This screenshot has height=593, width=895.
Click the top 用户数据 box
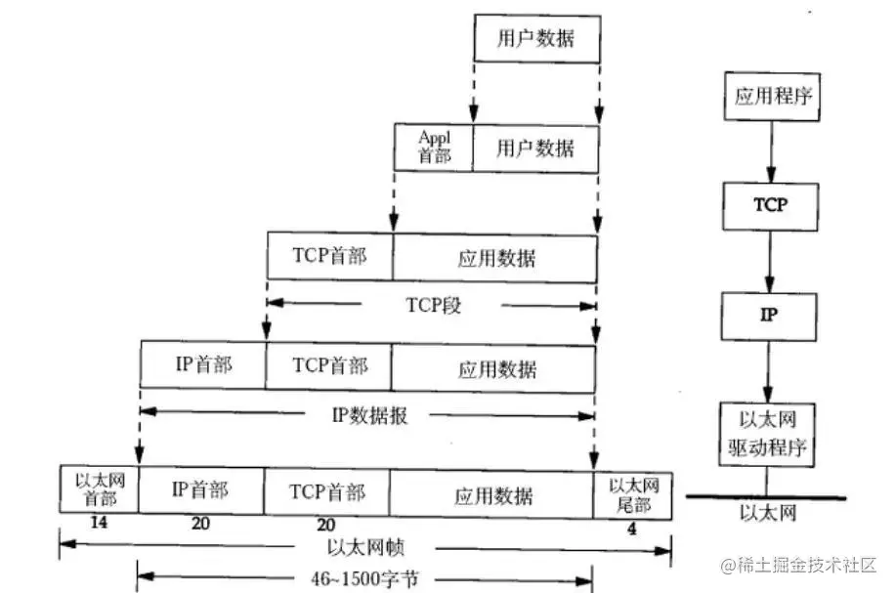tap(535, 40)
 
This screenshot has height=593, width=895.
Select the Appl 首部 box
tap(434, 147)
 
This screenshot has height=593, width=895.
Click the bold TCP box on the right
tap(769, 205)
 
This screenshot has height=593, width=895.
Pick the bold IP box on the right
tap(769, 316)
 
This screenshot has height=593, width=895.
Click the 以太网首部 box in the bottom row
tap(99, 491)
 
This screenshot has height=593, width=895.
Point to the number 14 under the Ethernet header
tap(98, 524)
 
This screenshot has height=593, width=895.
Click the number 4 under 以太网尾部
tap(632, 529)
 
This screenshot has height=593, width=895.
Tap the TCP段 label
tap(432, 305)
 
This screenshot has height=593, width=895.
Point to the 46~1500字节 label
tap(364, 578)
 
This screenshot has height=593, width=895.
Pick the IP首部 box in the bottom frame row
tap(200, 491)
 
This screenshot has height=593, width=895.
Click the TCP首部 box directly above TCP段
tap(329, 257)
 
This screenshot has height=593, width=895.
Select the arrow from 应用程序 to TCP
tap(769, 151)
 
